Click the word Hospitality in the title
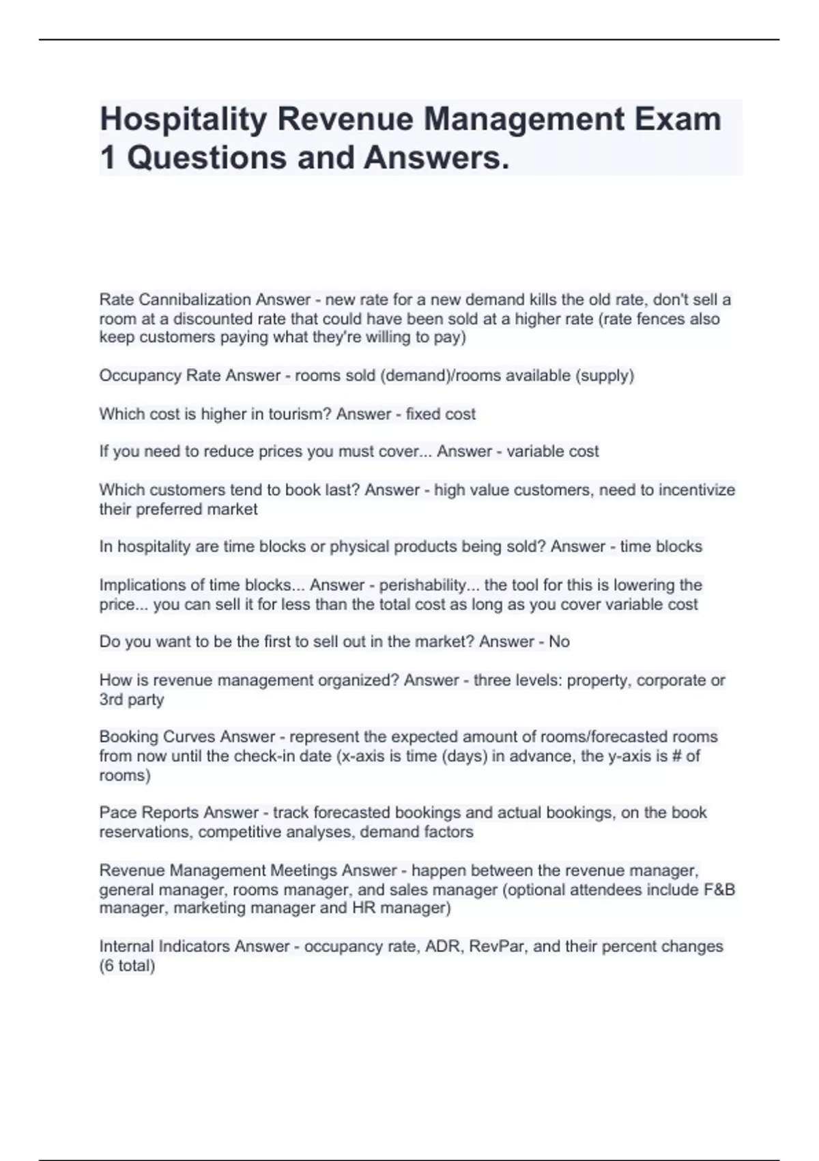[183, 120]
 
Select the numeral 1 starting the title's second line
[107, 158]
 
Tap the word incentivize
[697, 490]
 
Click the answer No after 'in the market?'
[559, 642]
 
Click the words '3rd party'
[132, 699]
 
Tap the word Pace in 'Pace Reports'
[117, 813]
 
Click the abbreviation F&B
[719, 890]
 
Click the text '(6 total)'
[127, 966]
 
